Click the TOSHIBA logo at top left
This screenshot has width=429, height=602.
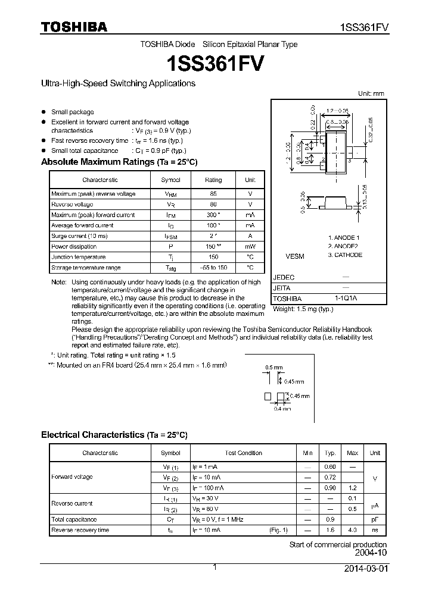[74, 27]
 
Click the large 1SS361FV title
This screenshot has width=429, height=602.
[214, 62]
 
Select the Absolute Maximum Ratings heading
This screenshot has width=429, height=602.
[119, 162]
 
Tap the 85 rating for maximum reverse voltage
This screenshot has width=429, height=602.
[213, 194]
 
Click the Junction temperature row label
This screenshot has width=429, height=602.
[78, 257]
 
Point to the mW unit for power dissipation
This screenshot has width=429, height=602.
[250, 246]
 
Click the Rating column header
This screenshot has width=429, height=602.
[213, 180]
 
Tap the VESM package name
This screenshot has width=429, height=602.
[294, 256]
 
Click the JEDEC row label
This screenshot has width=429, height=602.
[284, 277]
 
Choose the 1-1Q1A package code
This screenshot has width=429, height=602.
[346, 299]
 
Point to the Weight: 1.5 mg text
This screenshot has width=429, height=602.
[303, 309]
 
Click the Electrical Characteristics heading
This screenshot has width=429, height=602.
[114, 435]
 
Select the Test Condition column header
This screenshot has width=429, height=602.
[244, 453]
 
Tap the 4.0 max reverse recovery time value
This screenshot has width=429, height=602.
[352, 530]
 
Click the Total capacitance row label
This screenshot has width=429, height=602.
[73, 519]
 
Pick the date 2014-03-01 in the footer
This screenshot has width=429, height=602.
[365, 569]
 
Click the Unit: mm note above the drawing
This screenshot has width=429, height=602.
[371, 94]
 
